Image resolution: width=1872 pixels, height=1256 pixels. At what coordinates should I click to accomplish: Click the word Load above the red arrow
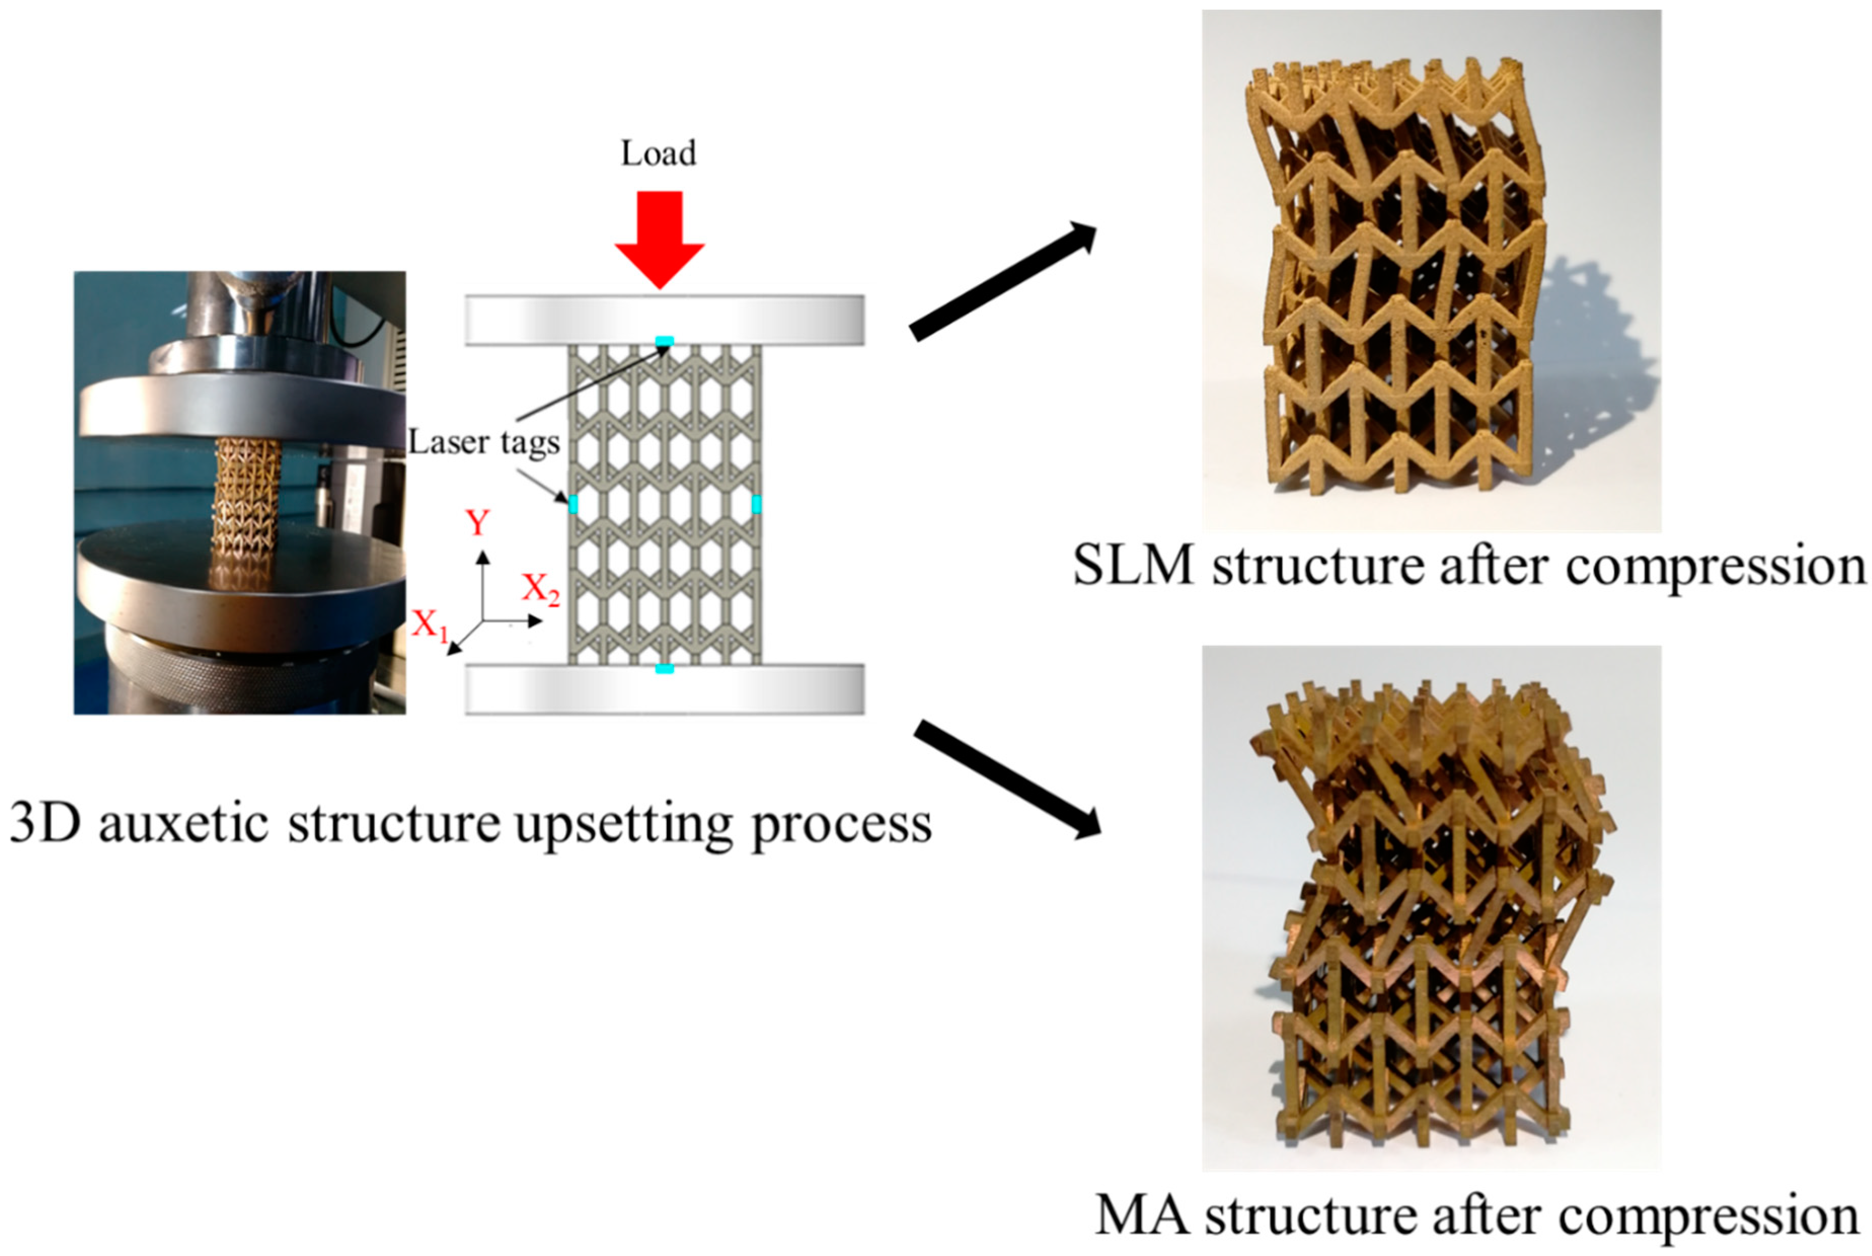[658, 153]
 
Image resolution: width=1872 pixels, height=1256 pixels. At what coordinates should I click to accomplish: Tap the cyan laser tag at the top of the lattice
[664, 342]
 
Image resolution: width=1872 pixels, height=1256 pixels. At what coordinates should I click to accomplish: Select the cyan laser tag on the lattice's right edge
[756, 504]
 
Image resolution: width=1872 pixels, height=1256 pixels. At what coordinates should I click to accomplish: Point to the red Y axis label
[478, 523]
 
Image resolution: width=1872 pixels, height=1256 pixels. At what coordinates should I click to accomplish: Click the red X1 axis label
[430, 624]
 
